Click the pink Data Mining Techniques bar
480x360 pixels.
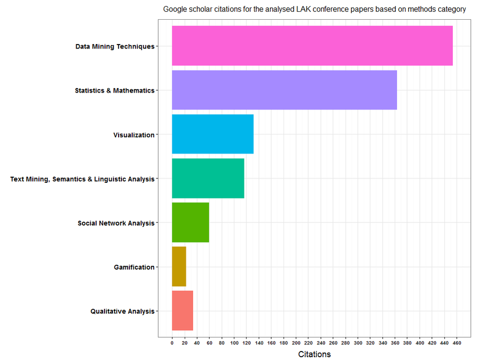[x=312, y=46]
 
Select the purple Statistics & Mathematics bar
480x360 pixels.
[x=284, y=90]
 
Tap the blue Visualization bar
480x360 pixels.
[x=212, y=134]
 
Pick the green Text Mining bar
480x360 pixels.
[x=208, y=178]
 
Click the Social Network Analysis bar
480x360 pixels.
[x=190, y=222]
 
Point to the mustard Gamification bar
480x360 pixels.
[x=178, y=266]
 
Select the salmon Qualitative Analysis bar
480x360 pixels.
[x=182, y=310]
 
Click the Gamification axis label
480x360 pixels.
[x=134, y=267]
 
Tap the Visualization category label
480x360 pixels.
[x=133, y=135]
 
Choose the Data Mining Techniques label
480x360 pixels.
[x=115, y=46]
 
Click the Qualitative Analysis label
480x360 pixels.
[x=122, y=311]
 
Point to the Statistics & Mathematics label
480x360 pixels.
[x=114, y=90]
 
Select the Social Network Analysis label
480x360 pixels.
[x=116, y=223]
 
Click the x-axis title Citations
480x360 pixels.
[x=314, y=354]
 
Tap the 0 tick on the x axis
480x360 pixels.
[x=172, y=343]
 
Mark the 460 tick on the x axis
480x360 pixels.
[x=457, y=343]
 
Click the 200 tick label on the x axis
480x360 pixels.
[x=296, y=343]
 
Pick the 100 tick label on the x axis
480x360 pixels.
[x=234, y=343]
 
